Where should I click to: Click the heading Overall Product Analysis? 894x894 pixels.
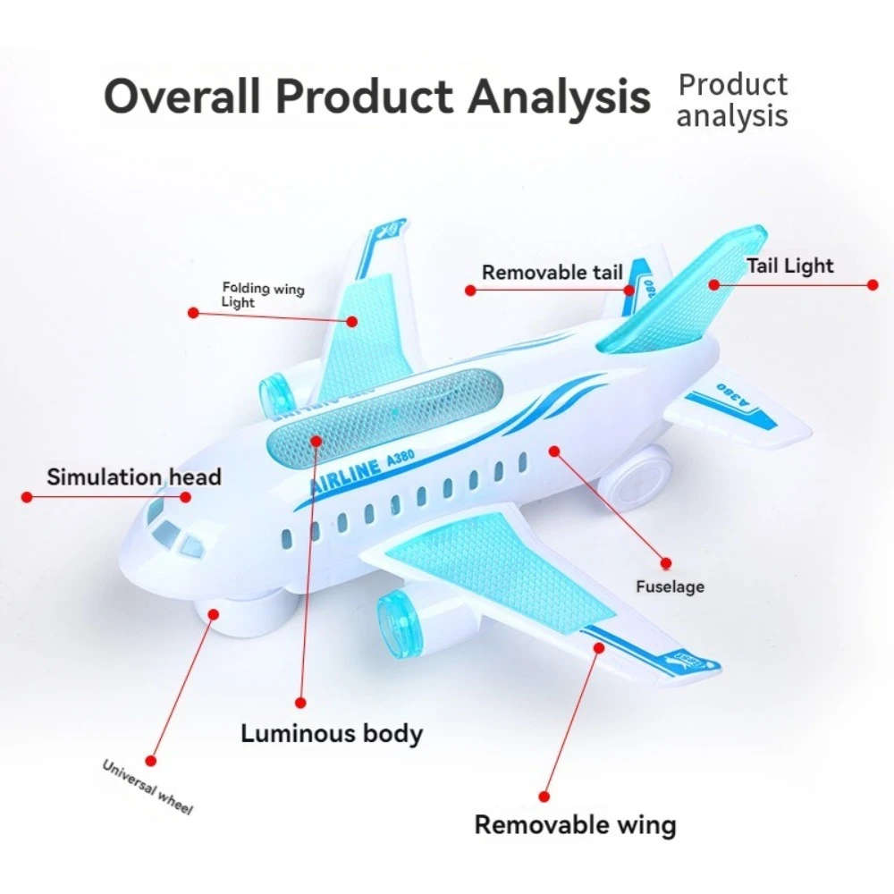click(x=376, y=97)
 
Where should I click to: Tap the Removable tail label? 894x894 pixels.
click(x=552, y=273)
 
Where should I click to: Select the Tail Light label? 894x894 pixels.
click(x=789, y=266)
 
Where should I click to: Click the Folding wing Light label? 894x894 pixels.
click(x=262, y=295)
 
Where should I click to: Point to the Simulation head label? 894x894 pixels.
click(x=133, y=477)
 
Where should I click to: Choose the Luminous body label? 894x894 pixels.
click(x=331, y=734)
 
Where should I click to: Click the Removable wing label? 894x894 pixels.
click(x=575, y=824)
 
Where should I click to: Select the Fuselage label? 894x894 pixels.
click(x=670, y=586)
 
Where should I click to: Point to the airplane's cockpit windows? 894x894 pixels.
click(x=174, y=533)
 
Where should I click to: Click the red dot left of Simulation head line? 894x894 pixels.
click(x=27, y=496)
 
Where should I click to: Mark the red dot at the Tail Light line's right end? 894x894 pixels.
click(x=873, y=285)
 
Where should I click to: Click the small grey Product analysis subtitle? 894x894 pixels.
click(x=732, y=100)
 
